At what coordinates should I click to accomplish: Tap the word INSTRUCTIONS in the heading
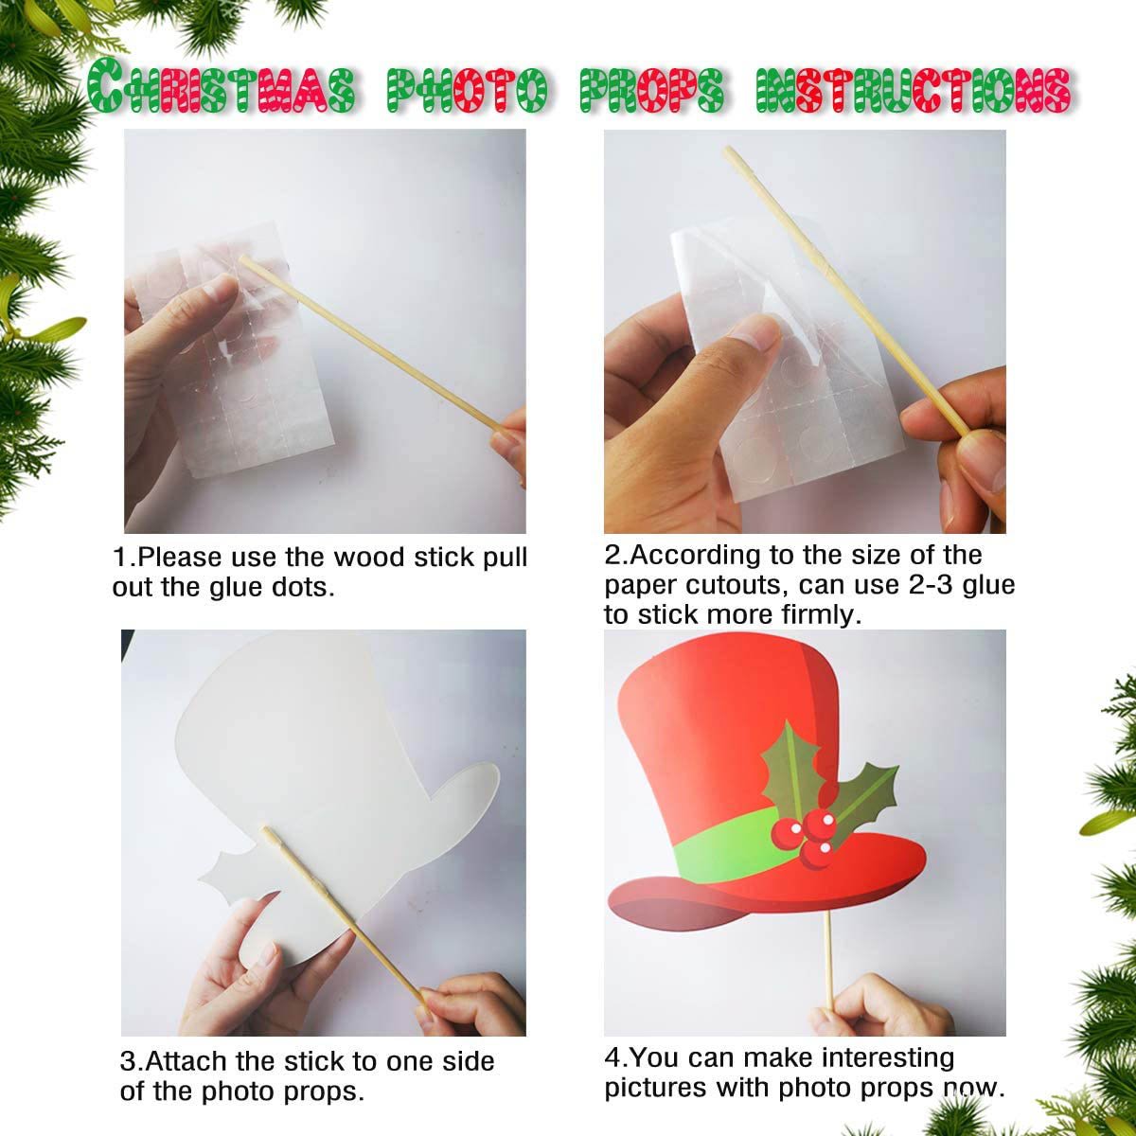point(914,90)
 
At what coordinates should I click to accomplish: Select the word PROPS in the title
point(652,90)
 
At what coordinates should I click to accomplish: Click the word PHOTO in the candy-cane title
point(468,90)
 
